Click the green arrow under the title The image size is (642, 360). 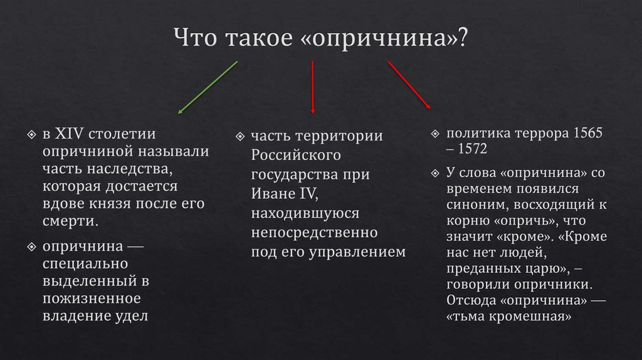[208, 87]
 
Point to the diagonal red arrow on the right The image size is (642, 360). [409, 85]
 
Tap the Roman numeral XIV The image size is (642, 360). [70, 135]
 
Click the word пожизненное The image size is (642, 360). [92, 298]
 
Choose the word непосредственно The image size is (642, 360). [314, 233]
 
